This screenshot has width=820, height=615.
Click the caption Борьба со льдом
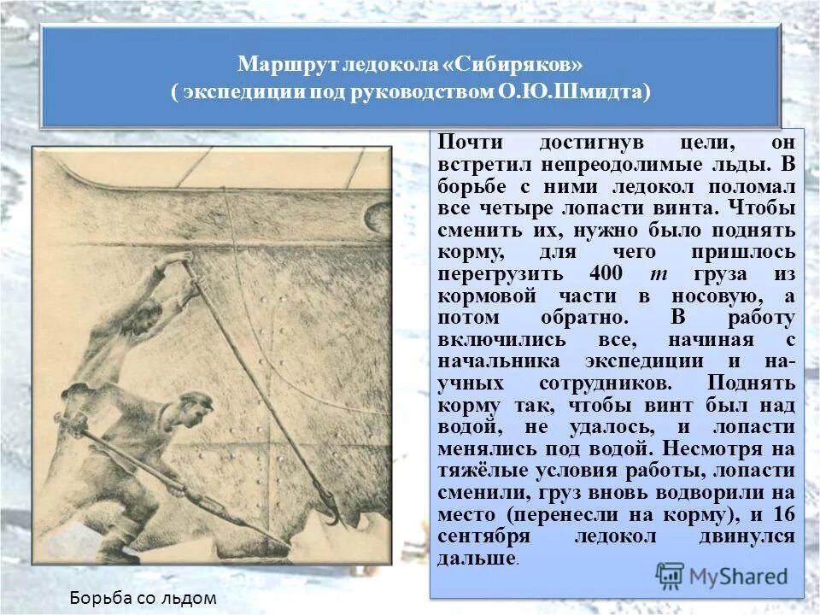click(x=144, y=598)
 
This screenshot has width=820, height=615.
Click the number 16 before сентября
click(x=782, y=515)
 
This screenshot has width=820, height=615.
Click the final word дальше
click(x=476, y=559)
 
